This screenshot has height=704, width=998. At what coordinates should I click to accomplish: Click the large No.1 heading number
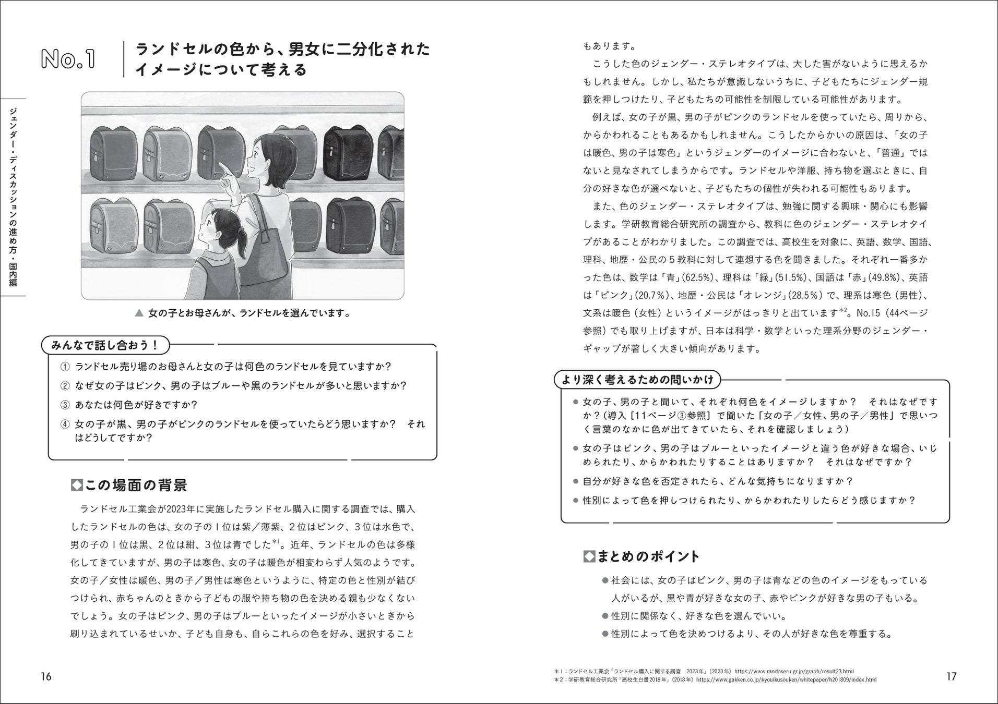pos(68,59)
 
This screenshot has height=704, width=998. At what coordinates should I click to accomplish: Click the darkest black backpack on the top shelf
pos(346,148)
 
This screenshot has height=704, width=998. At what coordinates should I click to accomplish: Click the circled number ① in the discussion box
pos(65,367)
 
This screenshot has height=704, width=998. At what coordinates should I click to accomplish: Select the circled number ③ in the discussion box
pos(65,405)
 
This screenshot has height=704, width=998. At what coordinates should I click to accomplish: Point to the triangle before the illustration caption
pos(139,313)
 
